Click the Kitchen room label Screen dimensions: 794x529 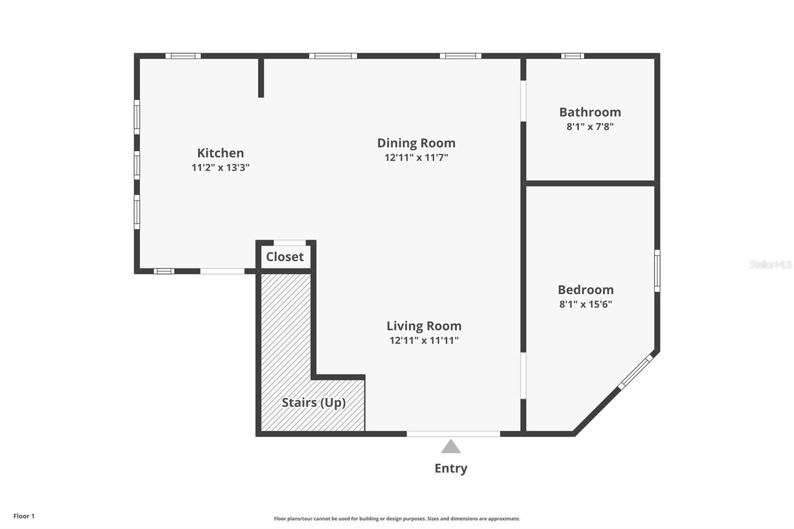220,153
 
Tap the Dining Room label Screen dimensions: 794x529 416,143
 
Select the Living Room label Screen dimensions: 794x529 424,326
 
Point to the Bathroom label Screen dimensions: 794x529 590,112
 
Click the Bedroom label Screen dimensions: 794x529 586,290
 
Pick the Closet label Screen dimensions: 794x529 285,257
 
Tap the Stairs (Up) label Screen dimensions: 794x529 314,402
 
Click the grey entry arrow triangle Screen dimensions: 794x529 451,447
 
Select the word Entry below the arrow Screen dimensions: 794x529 451,468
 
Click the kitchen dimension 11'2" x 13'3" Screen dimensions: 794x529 220,167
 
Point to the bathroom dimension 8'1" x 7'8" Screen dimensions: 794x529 590,127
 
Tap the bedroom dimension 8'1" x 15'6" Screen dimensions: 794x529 586,304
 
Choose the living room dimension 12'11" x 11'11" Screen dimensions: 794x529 424,340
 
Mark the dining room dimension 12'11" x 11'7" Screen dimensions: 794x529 416,157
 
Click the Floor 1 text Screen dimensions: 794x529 24,516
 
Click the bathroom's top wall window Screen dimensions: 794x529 573,56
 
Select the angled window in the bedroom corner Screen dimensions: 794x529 636,372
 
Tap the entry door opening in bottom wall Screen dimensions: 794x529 454,434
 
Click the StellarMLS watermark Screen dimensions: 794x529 771,264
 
